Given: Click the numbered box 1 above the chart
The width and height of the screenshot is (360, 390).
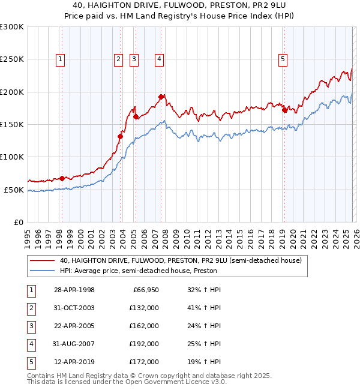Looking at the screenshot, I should pos(61,59).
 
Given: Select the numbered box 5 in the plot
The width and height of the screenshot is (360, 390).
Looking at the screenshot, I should pos(283,59).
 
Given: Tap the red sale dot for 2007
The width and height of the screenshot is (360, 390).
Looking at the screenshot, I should pos(161,97).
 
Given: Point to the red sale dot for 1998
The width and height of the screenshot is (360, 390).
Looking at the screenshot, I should pos(62,178).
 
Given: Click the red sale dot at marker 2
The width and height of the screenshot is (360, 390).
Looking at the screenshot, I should pos(120,136).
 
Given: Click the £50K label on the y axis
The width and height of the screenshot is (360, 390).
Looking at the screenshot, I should pos(14,190).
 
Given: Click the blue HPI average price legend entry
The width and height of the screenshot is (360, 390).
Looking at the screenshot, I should pos(137,271).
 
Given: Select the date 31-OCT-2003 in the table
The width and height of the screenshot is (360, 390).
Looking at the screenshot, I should pos(74,308).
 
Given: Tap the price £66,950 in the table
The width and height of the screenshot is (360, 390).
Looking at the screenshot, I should pos(145,290).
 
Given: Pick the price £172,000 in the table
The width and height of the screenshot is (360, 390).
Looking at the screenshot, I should pos(145,362).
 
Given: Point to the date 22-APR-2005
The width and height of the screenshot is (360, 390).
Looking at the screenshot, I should pos(74,326).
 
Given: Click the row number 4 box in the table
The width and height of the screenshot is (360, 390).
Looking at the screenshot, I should pos(30,344).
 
